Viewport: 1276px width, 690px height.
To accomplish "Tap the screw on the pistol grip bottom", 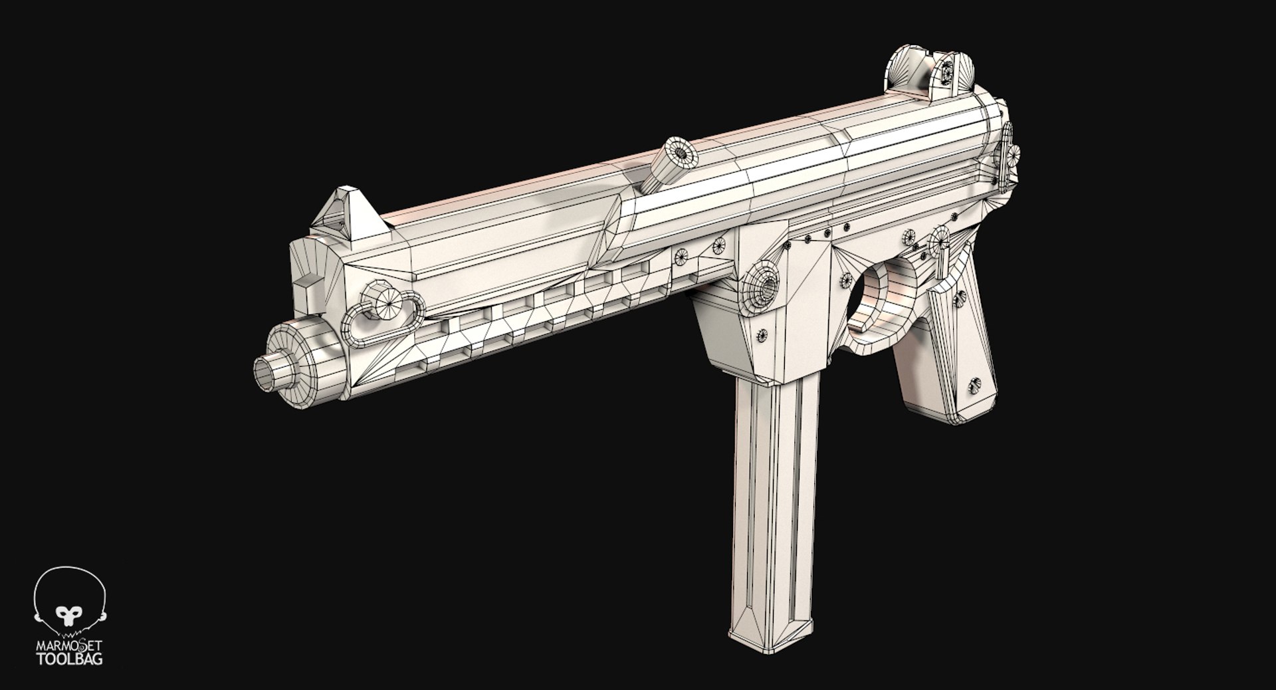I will point(974,385).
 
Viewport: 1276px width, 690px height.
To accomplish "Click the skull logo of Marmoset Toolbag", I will point(69,602).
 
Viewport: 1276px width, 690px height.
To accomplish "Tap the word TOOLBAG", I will point(69,659).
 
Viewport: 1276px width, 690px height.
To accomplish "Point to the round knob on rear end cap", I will point(1012,156).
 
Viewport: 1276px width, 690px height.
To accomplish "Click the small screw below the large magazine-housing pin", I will point(763,335).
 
